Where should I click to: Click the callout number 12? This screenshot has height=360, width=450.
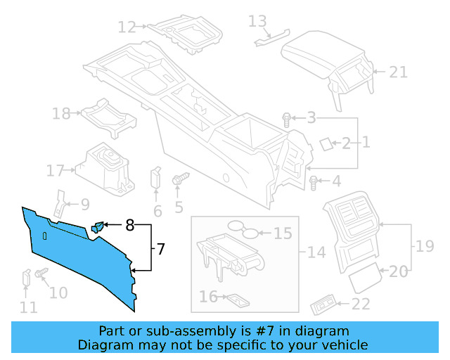(127, 27)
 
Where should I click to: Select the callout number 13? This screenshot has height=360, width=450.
(258, 21)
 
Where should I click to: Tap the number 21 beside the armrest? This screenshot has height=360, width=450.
(399, 71)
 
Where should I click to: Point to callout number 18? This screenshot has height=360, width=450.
(61, 113)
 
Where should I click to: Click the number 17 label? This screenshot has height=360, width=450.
(56, 170)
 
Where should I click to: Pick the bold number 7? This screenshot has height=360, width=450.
(160, 248)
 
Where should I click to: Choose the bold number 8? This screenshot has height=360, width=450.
(129, 226)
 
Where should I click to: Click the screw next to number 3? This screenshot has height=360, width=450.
(287, 119)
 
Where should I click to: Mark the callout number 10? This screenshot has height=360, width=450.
(58, 292)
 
